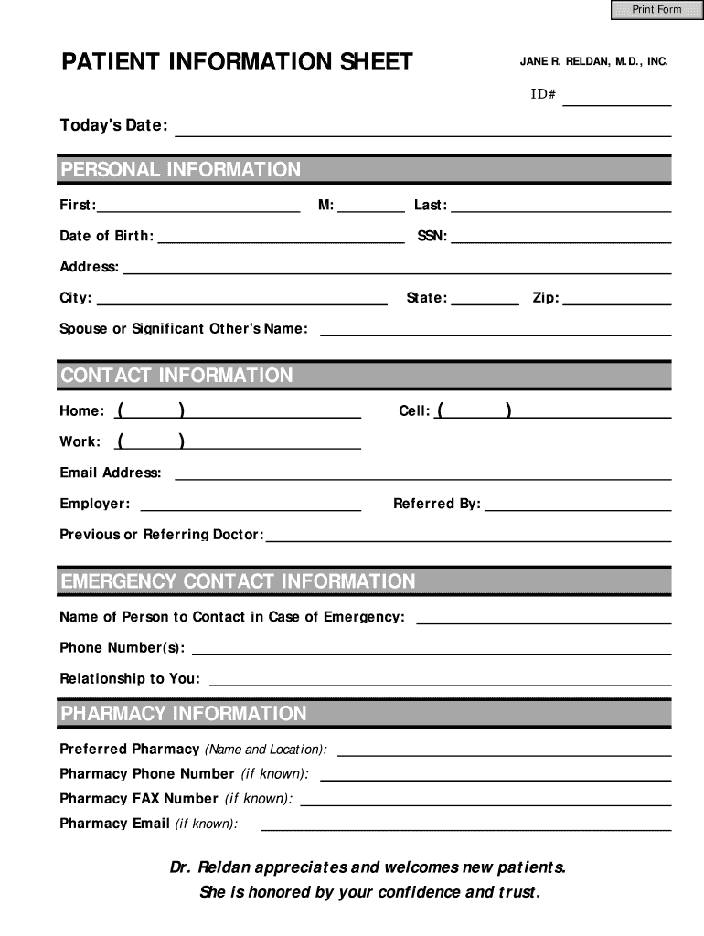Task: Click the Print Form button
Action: [656, 10]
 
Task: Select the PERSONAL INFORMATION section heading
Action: [180, 170]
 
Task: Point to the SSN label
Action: [432, 237]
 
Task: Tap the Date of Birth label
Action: [106, 237]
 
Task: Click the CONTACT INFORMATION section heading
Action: [176, 376]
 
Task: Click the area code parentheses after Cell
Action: [474, 410]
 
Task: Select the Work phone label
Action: [80, 442]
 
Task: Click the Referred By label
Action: [436, 504]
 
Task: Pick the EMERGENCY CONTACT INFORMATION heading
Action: [238, 582]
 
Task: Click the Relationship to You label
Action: [129, 679]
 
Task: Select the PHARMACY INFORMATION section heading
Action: [183, 714]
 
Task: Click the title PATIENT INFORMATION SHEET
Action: [237, 62]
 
